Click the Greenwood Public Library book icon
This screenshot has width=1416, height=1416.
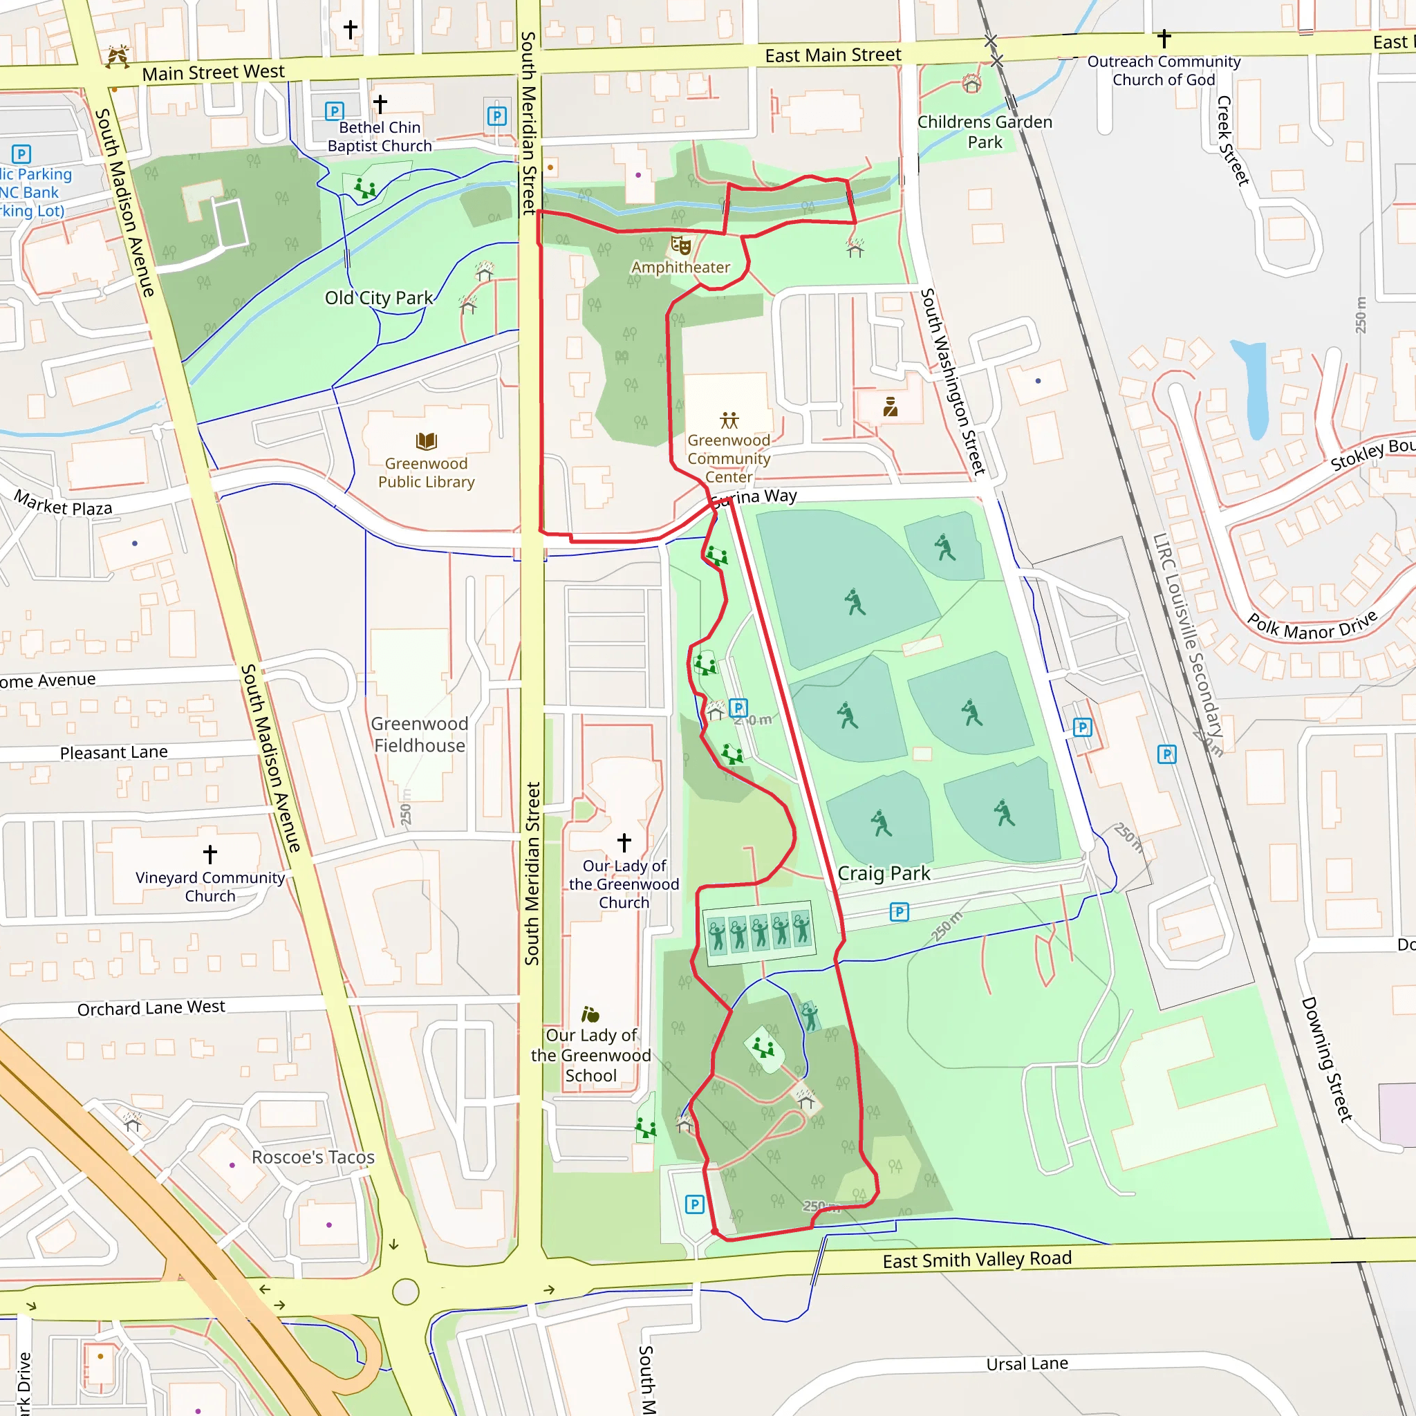[426, 440]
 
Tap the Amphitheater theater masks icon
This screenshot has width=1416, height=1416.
[681, 245]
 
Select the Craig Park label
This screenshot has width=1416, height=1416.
[883, 874]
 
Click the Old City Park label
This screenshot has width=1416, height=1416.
[378, 297]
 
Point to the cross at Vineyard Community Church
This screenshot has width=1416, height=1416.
[210, 854]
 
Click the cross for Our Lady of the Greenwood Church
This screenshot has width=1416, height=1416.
[624, 842]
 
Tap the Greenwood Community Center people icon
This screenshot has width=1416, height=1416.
[729, 420]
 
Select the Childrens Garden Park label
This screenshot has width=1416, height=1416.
[985, 132]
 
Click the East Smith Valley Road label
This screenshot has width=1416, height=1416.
[976, 1260]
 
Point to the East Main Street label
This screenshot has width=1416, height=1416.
[832, 55]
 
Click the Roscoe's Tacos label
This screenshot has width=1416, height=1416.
[313, 1157]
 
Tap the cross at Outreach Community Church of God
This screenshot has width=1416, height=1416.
[1164, 38]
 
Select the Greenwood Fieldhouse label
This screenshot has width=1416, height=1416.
[419, 734]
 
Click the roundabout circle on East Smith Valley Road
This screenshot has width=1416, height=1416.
[405, 1292]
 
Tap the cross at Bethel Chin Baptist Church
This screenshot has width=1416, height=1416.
[380, 104]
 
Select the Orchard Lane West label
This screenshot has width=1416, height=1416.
[151, 1008]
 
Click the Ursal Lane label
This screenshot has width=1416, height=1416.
[1026, 1364]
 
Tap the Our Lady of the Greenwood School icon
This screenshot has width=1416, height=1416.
[590, 1014]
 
